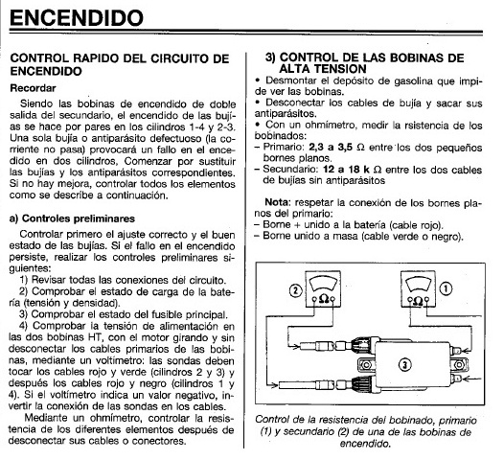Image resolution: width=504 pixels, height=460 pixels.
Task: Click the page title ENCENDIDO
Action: [x=77, y=18]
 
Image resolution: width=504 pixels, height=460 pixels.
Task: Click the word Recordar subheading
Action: [x=33, y=88]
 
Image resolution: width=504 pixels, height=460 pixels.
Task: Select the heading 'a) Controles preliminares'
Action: [x=72, y=218]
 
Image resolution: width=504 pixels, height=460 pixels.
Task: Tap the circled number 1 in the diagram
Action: [x=446, y=288]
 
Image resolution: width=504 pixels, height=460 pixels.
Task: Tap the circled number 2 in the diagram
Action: [x=296, y=290]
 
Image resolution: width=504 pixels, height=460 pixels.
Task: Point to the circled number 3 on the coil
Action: [x=404, y=364]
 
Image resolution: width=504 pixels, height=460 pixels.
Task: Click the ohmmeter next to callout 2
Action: [x=323, y=289]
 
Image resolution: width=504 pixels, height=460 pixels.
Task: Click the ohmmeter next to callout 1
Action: [x=418, y=289]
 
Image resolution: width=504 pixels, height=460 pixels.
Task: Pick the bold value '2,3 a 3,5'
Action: [x=331, y=148]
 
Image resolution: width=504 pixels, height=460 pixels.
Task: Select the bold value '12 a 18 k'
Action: [x=347, y=169]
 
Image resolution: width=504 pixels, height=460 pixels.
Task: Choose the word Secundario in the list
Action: [x=290, y=169]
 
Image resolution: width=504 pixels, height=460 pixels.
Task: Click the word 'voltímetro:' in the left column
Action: [x=128, y=360]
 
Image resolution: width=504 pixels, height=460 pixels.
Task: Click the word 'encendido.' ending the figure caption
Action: [x=365, y=444]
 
